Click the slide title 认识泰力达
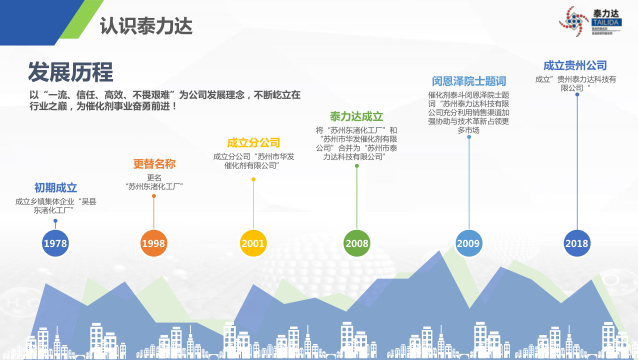pos(146,24)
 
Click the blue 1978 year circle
pos(56,242)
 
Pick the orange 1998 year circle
pos(153,242)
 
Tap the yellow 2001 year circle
pos(253,242)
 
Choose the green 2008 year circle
pos(357,242)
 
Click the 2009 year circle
pos(468,242)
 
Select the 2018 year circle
pos(576,242)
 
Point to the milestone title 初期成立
pos(56,187)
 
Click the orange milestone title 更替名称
pos(154,163)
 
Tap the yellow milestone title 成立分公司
pos(253,143)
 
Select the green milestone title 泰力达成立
pos(357,117)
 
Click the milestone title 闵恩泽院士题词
pos(468,80)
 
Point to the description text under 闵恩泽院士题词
pos(468,112)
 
